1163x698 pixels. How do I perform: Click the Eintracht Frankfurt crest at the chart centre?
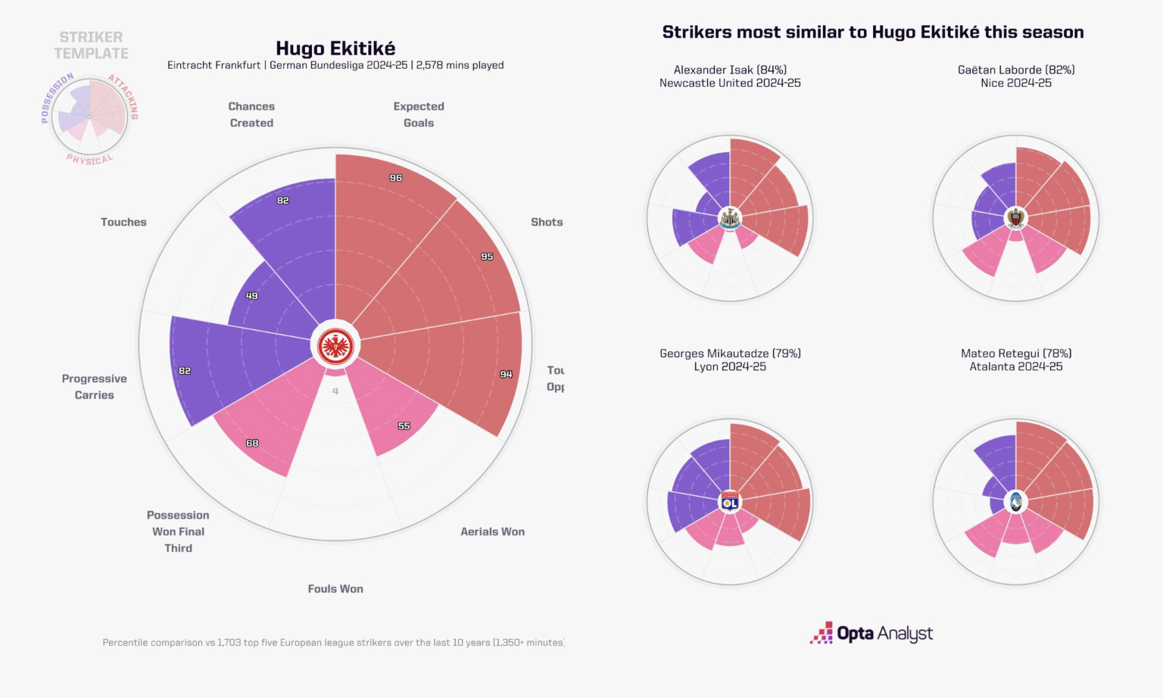click(335, 347)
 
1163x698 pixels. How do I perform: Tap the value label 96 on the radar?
click(396, 178)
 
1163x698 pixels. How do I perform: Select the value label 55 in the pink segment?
click(404, 426)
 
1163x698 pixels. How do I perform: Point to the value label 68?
click(252, 443)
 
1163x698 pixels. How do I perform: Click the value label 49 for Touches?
click(252, 296)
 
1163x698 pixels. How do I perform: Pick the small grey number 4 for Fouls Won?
click(335, 391)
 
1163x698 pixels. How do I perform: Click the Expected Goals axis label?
click(419, 114)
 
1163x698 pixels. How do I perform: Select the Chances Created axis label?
click(251, 114)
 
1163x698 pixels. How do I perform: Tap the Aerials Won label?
click(492, 531)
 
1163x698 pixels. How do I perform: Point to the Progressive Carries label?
click(95, 386)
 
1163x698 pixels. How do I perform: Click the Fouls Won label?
click(335, 588)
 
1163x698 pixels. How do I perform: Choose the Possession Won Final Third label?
click(178, 531)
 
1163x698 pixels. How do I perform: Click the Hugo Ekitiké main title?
click(335, 48)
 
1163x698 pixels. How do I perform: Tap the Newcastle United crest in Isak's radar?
click(730, 218)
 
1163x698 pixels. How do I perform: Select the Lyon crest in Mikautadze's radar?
click(730, 501)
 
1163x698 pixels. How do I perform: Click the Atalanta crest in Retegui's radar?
click(1016, 501)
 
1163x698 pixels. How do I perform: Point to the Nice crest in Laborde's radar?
click(1016, 218)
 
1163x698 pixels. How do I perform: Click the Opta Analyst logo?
click(871, 633)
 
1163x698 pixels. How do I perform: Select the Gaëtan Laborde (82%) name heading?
click(1016, 70)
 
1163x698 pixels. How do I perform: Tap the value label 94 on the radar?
click(506, 374)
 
